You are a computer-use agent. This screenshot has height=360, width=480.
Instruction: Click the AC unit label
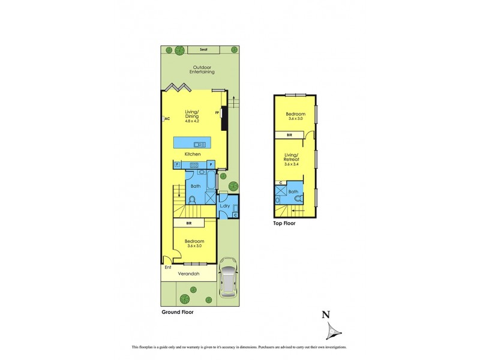pyautogui.click(x=167, y=119)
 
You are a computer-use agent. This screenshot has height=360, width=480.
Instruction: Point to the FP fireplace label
pyautogui.click(x=217, y=113)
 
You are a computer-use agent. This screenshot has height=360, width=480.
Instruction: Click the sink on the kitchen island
pyautogui.click(x=197, y=144)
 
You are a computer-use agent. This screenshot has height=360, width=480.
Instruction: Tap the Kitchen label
pyautogui.click(x=192, y=155)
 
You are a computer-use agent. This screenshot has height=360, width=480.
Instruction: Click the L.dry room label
pyautogui.click(x=225, y=206)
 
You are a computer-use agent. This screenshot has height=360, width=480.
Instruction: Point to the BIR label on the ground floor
pyautogui.click(x=188, y=223)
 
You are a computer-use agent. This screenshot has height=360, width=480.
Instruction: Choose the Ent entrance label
pyautogui.click(x=168, y=267)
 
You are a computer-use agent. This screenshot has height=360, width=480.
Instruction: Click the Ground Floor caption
pyautogui.click(x=178, y=313)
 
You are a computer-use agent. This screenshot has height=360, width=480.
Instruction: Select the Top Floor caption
pyautogui.click(x=284, y=223)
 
